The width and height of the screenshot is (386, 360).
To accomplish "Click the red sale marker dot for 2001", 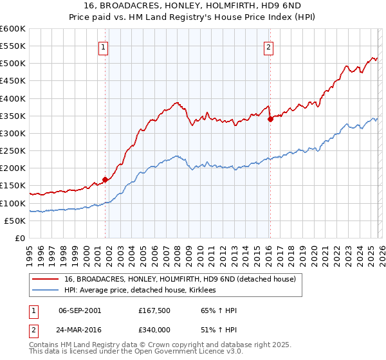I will tap(105, 179).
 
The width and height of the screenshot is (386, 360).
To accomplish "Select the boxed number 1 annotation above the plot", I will tap(104, 46).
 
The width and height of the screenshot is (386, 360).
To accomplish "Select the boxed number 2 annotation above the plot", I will tap(269, 46).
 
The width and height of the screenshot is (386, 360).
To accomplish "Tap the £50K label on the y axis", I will tap(15, 221).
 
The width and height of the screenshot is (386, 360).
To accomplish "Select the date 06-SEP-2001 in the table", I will tap(80, 310).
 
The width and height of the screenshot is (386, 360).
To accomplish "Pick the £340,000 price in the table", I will tap(156, 330).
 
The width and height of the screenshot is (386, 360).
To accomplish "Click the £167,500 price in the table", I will tap(156, 310).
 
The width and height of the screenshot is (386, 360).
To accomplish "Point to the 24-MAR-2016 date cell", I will tap(80, 330).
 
